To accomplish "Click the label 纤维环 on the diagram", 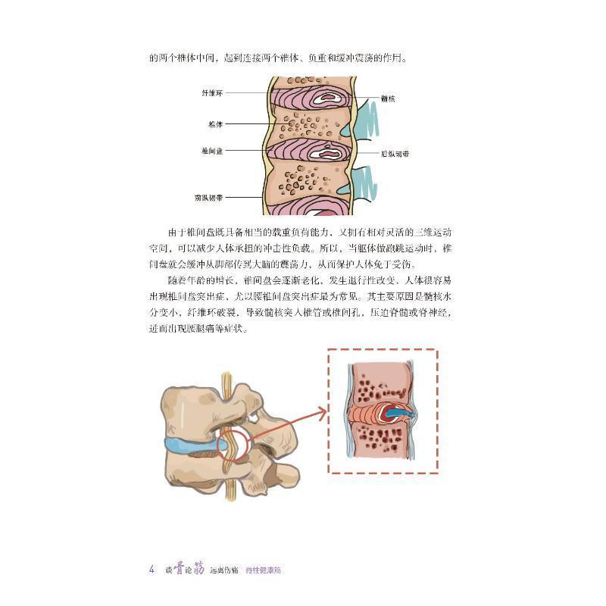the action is [x=212, y=92].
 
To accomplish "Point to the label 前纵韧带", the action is [x=208, y=198].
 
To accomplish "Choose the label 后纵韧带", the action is [x=394, y=154].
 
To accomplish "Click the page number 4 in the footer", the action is [x=152, y=569].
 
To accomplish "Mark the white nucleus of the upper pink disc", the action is [x=330, y=97].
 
